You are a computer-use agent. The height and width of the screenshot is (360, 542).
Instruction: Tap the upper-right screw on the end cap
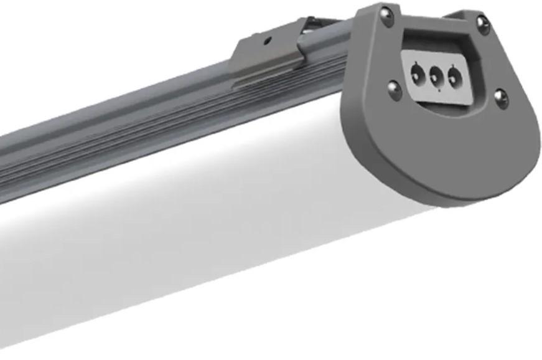(483, 24)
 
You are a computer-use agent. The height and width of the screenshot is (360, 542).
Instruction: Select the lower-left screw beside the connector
(394, 91)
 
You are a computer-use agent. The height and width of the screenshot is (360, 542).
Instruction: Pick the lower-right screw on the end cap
(500, 98)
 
